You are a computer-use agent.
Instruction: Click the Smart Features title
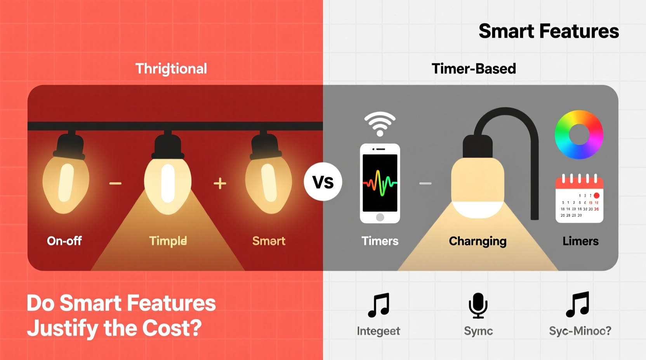pyautogui.click(x=549, y=31)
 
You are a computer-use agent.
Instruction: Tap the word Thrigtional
pyautogui.click(x=171, y=69)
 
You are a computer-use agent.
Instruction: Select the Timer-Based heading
pyautogui.click(x=474, y=69)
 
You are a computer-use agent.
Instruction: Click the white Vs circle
pyautogui.click(x=323, y=182)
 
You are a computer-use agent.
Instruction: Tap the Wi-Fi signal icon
pyautogui.click(x=380, y=123)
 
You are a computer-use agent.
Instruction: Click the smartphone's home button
pyautogui.click(x=380, y=217)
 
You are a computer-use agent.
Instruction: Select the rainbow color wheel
pyautogui.click(x=579, y=135)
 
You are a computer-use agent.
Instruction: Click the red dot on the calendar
pyautogui.click(x=596, y=196)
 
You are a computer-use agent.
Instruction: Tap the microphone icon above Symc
pyautogui.click(x=478, y=305)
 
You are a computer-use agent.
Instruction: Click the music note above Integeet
pyautogui.click(x=379, y=305)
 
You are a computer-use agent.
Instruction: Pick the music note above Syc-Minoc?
pyautogui.click(x=578, y=305)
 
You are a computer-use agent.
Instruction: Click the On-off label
pyautogui.click(x=64, y=241)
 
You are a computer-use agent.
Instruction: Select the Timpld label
pyautogui.click(x=168, y=241)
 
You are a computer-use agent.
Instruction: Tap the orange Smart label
pyautogui.click(x=269, y=241)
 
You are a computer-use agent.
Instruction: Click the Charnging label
pyautogui.click(x=478, y=241)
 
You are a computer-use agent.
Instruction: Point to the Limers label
pyautogui.click(x=580, y=241)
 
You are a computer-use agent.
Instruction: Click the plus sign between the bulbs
pyautogui.click(x=220, y=183)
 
